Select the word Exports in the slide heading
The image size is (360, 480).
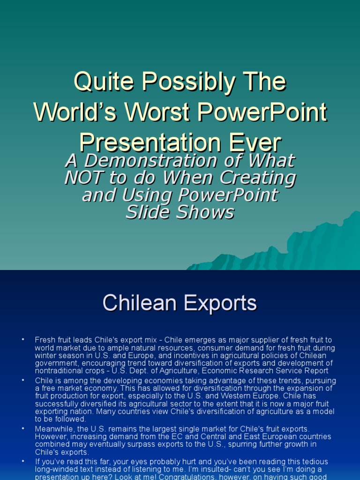(220, 303)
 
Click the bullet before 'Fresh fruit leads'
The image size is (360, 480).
(23, 339)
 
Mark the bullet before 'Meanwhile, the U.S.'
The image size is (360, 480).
(23, 429)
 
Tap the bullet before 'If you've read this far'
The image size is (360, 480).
(23, 462)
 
